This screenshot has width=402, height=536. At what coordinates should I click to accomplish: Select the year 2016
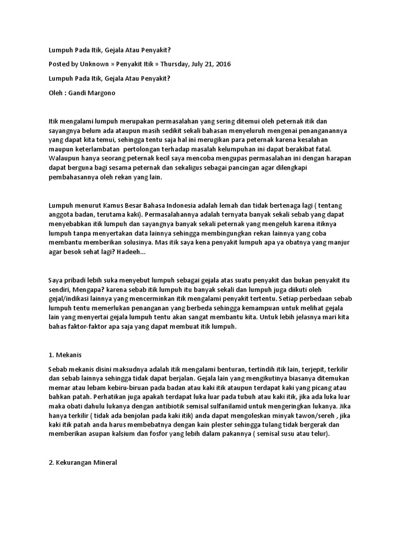(x=222, y=64)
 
